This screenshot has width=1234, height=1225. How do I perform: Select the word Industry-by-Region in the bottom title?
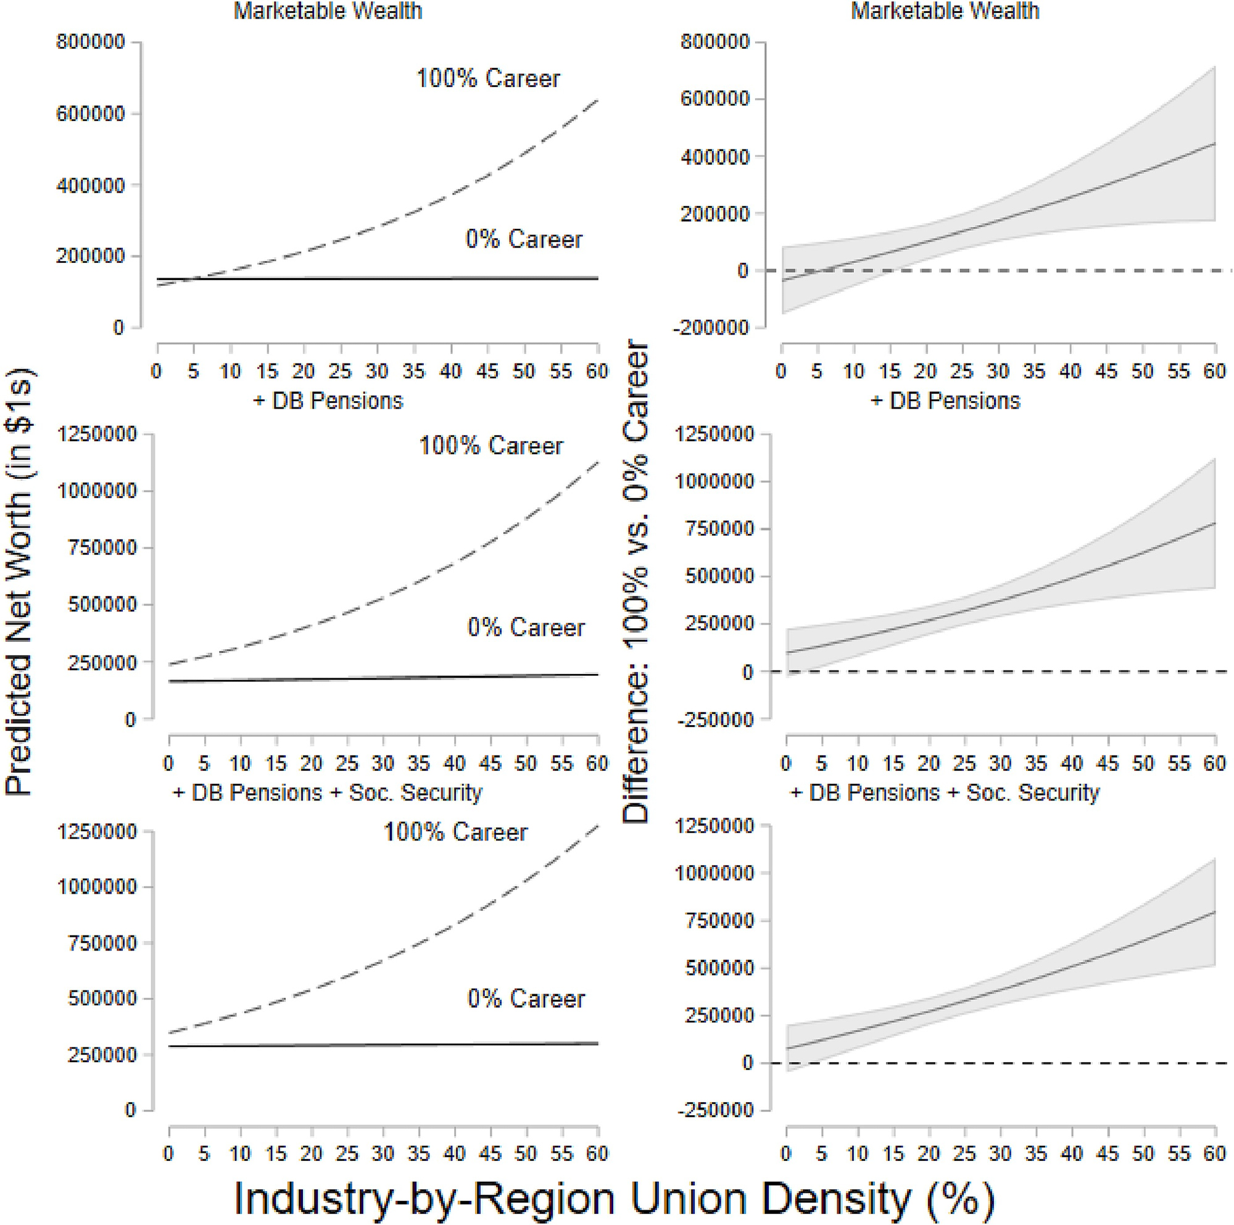(424, 1199)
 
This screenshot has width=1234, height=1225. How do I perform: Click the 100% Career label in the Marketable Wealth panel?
(488, 78)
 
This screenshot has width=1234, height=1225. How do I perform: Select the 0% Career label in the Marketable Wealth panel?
(524, 239)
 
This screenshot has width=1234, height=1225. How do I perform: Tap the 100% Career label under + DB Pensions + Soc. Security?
(455, 833)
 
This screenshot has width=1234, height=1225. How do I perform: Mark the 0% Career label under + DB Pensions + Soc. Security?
(526, 999)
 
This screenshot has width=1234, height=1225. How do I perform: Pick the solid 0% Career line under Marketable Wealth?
(383, 278)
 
